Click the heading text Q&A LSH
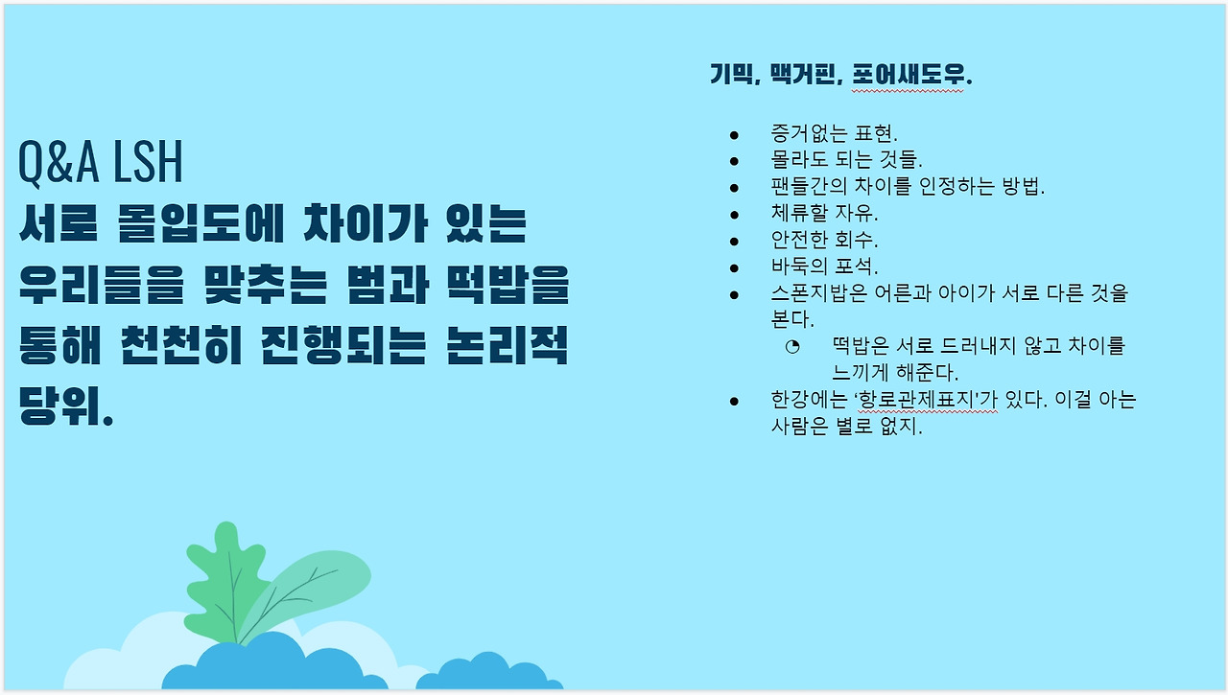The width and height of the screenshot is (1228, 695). pyautogui.click(x=101, y=162)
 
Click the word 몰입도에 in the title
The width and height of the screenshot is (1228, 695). pyautogui.click(x=201, y=223)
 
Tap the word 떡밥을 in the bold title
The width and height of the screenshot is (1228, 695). pyautogui.click(x=508, y=285)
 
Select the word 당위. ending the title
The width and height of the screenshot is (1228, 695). pyautogui.click(x=66, y=406)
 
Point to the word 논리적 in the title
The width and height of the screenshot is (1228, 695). pyautogui.click(x=508, y=346)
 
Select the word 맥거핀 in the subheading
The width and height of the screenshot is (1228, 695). pyautogui.click(x=803, y=74)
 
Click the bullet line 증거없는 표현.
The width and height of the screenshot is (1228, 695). pyautogui.click(x=834, y=133)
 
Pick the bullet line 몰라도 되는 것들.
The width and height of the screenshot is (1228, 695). pyautogui.click(x=846, y=160)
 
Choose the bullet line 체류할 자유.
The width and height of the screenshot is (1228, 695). pyautogui.click(x=824, y=213)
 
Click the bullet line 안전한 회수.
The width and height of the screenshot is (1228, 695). pyautogui.click(x=824, y=240)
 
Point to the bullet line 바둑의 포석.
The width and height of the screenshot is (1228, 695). pyautogui.click(x=824, y=266)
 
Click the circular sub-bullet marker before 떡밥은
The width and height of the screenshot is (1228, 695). pyautogui.click(x=792, y=346)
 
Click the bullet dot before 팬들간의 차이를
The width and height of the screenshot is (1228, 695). pyautogui.click(x=734, y=188)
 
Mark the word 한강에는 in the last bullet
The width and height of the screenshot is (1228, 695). pyautogui.click(x=809, y=399)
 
